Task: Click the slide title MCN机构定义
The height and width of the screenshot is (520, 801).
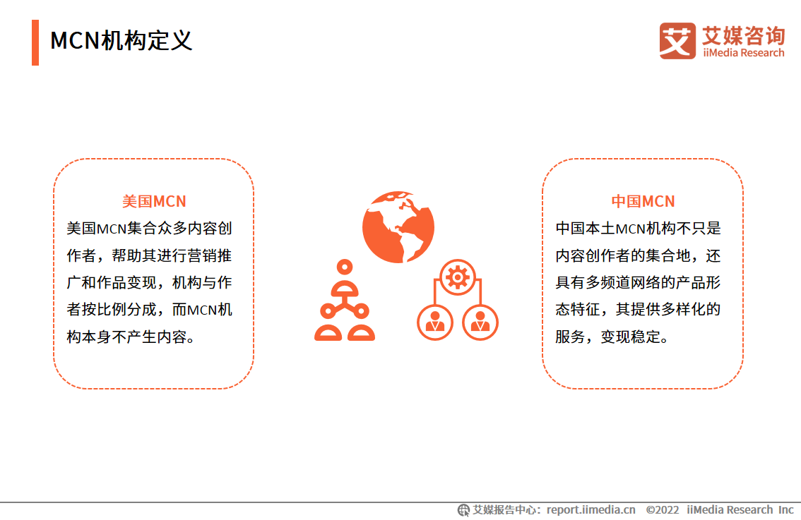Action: pos(121,40)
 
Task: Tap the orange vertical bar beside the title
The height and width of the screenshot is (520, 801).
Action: pos(35,42)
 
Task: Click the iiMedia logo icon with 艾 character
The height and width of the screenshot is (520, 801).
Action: pos(677,41)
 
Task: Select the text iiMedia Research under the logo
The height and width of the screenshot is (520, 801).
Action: pos(743,53)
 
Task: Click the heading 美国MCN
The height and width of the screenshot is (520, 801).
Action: pos(154,202)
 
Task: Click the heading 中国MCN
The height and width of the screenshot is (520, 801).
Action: pos(643,202)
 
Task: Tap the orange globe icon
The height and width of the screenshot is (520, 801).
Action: pos(398,226)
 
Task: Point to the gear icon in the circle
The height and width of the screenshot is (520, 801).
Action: pos(458,277)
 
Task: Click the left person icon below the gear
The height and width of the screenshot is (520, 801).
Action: pos(435,322)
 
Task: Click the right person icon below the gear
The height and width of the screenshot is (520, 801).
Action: pos(480,322)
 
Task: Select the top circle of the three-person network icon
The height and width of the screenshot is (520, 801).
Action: pos(345,267)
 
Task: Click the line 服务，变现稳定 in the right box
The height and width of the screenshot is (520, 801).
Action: pos(612,337)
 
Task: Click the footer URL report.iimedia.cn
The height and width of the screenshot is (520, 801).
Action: pos(591,510)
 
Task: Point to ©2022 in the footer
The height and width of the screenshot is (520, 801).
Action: pos(662,510)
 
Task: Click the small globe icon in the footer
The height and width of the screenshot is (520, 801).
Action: pos(463,510)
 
